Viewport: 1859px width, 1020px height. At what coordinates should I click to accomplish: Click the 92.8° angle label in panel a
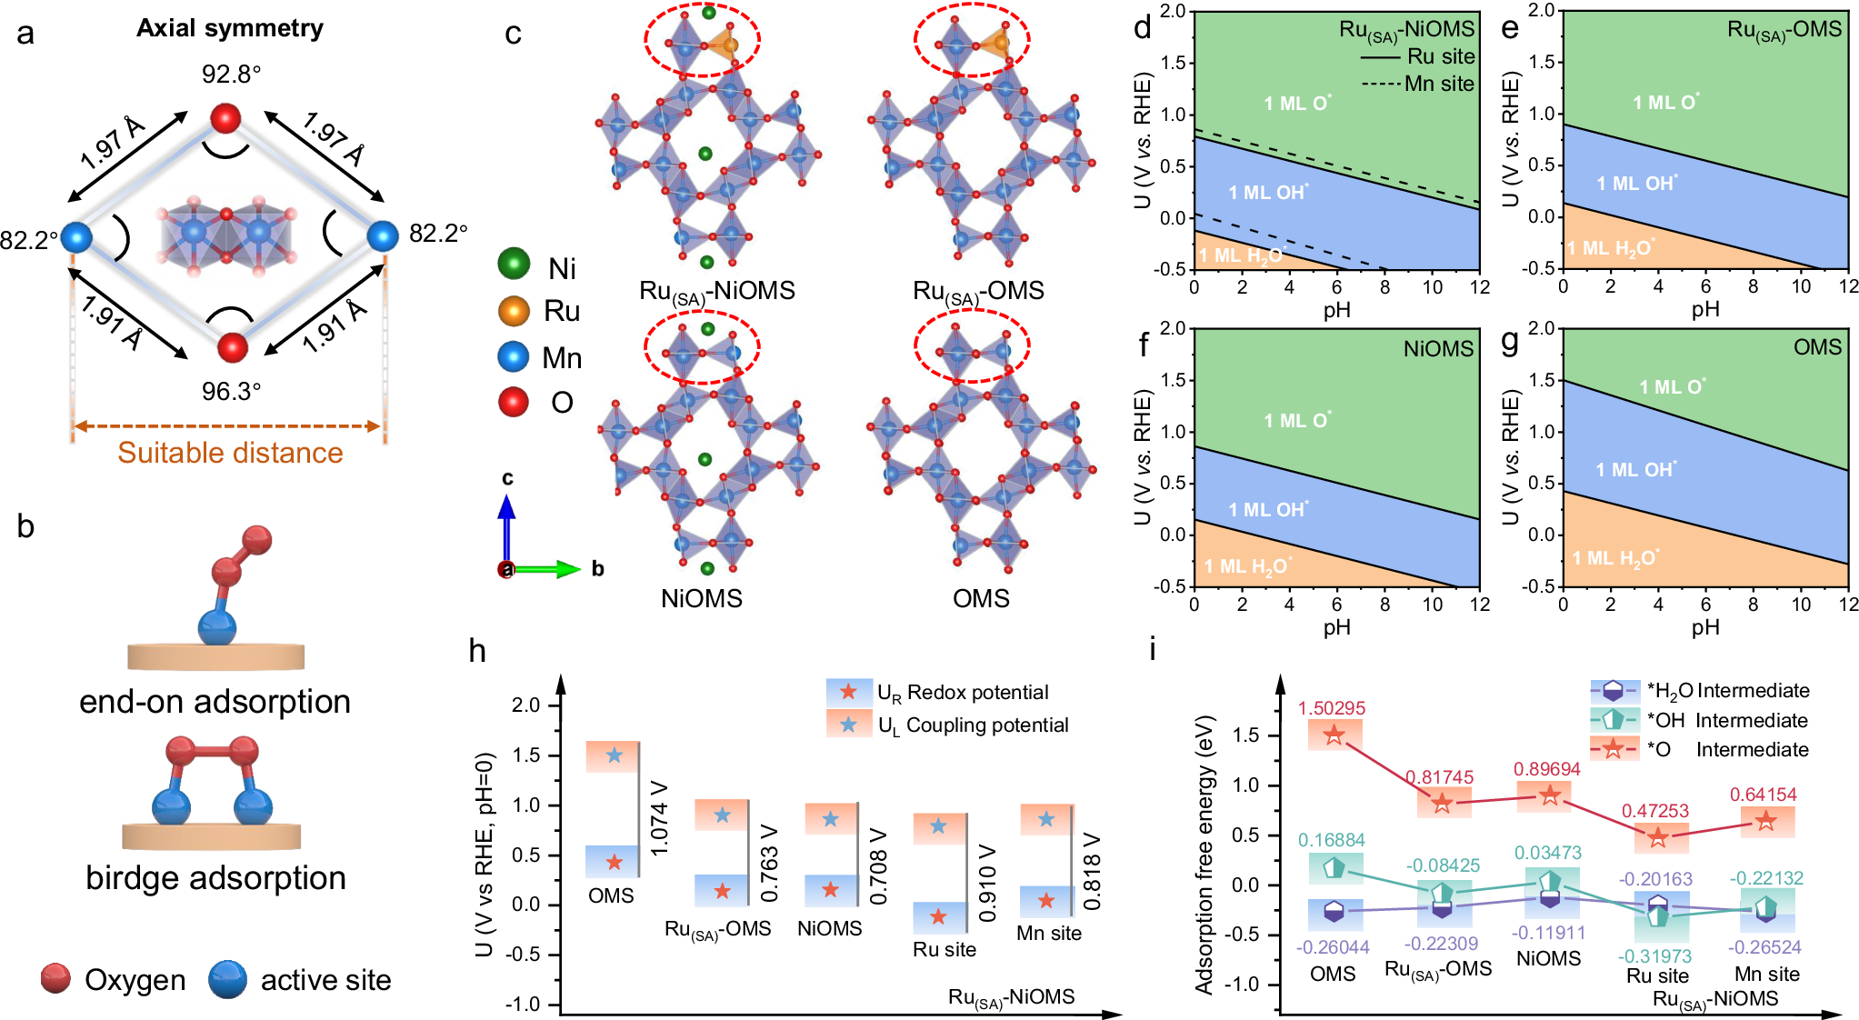tap(231, 74)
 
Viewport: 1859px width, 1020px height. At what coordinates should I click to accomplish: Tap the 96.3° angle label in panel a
tap(231, 391)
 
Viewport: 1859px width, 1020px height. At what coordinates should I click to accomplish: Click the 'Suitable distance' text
tap(230, 453)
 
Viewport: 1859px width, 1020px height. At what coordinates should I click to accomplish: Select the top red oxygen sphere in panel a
tap(225, 118)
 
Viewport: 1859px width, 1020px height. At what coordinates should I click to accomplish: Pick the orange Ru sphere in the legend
tap(514, 311)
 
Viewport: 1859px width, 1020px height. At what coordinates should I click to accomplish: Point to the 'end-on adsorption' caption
tap(215, 702)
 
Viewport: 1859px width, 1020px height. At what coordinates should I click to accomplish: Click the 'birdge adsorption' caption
tap(215, 878)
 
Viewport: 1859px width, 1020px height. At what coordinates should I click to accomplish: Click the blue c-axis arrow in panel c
tap(506, 527)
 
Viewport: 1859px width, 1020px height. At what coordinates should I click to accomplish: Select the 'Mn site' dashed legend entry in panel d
tap(1417, 84)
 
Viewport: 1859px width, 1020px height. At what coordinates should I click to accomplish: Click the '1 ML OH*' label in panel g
tap(1636, 470)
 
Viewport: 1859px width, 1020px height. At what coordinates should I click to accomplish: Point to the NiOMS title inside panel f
tap(1437, 349)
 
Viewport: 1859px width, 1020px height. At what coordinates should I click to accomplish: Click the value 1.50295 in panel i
tap(1331, 708)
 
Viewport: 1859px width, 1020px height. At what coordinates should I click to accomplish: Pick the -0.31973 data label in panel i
tap(1654, 956)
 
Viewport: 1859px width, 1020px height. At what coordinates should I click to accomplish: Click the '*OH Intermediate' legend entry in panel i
tap(1727, 721)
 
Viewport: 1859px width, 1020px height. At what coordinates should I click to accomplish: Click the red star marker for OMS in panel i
tap(1334, 735)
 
